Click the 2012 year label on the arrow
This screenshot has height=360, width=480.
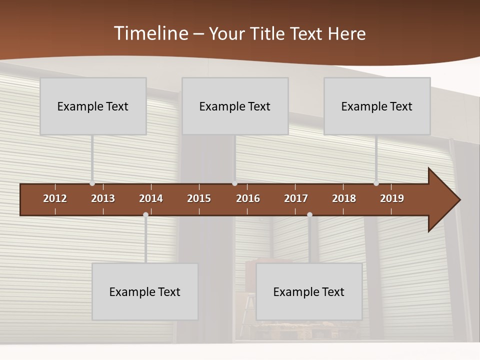coord(55,198)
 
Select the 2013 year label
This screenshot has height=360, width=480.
coord(103,198)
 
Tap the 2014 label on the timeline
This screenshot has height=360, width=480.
coord(151,198)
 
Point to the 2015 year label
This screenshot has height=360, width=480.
coord(199,198)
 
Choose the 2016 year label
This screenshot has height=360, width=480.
coord(248,198)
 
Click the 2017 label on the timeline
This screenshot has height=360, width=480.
coord(296,198)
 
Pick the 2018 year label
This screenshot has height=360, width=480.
coord(344,198)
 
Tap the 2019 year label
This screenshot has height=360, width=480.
coord(392,198)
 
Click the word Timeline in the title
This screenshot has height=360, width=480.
coord(150,33)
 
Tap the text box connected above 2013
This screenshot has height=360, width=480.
coord(93,106)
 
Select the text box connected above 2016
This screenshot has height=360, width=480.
coord(235,106)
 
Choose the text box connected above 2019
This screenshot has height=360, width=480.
coord(377,106)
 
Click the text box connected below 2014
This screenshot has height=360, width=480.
coord(145,291)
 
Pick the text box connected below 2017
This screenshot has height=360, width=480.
coord(309,291)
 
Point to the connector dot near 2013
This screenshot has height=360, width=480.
coord(92,183)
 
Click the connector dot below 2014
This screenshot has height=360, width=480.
coord(145,215)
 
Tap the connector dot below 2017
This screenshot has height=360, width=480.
coord(309,215)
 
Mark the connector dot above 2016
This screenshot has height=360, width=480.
coord(234,183)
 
